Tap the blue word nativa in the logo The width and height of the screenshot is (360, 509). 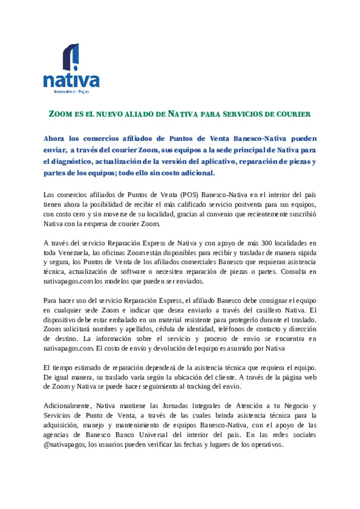point(71,81)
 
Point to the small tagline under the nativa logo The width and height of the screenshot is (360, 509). point(71,92)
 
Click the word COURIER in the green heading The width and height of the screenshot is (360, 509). point(293,114)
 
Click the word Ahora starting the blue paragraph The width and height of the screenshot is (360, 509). point(54,139)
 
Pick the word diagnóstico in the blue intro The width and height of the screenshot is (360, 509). point(72,162)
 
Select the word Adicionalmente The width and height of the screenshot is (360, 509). point(67,406)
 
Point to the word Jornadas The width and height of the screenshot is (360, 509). point(175,406)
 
